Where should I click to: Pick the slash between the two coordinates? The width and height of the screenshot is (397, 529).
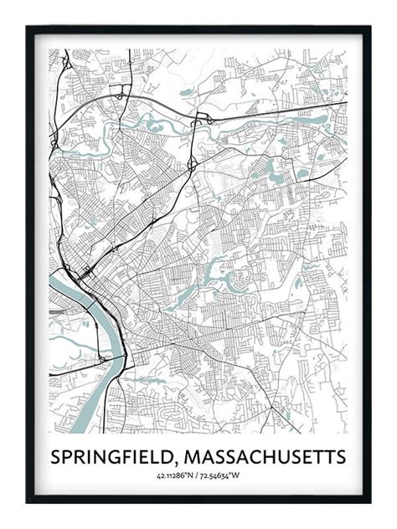click(198, 477)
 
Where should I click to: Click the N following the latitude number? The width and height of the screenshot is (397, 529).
click(191, 477)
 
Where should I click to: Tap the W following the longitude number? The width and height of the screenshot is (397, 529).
click(237, 477)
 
